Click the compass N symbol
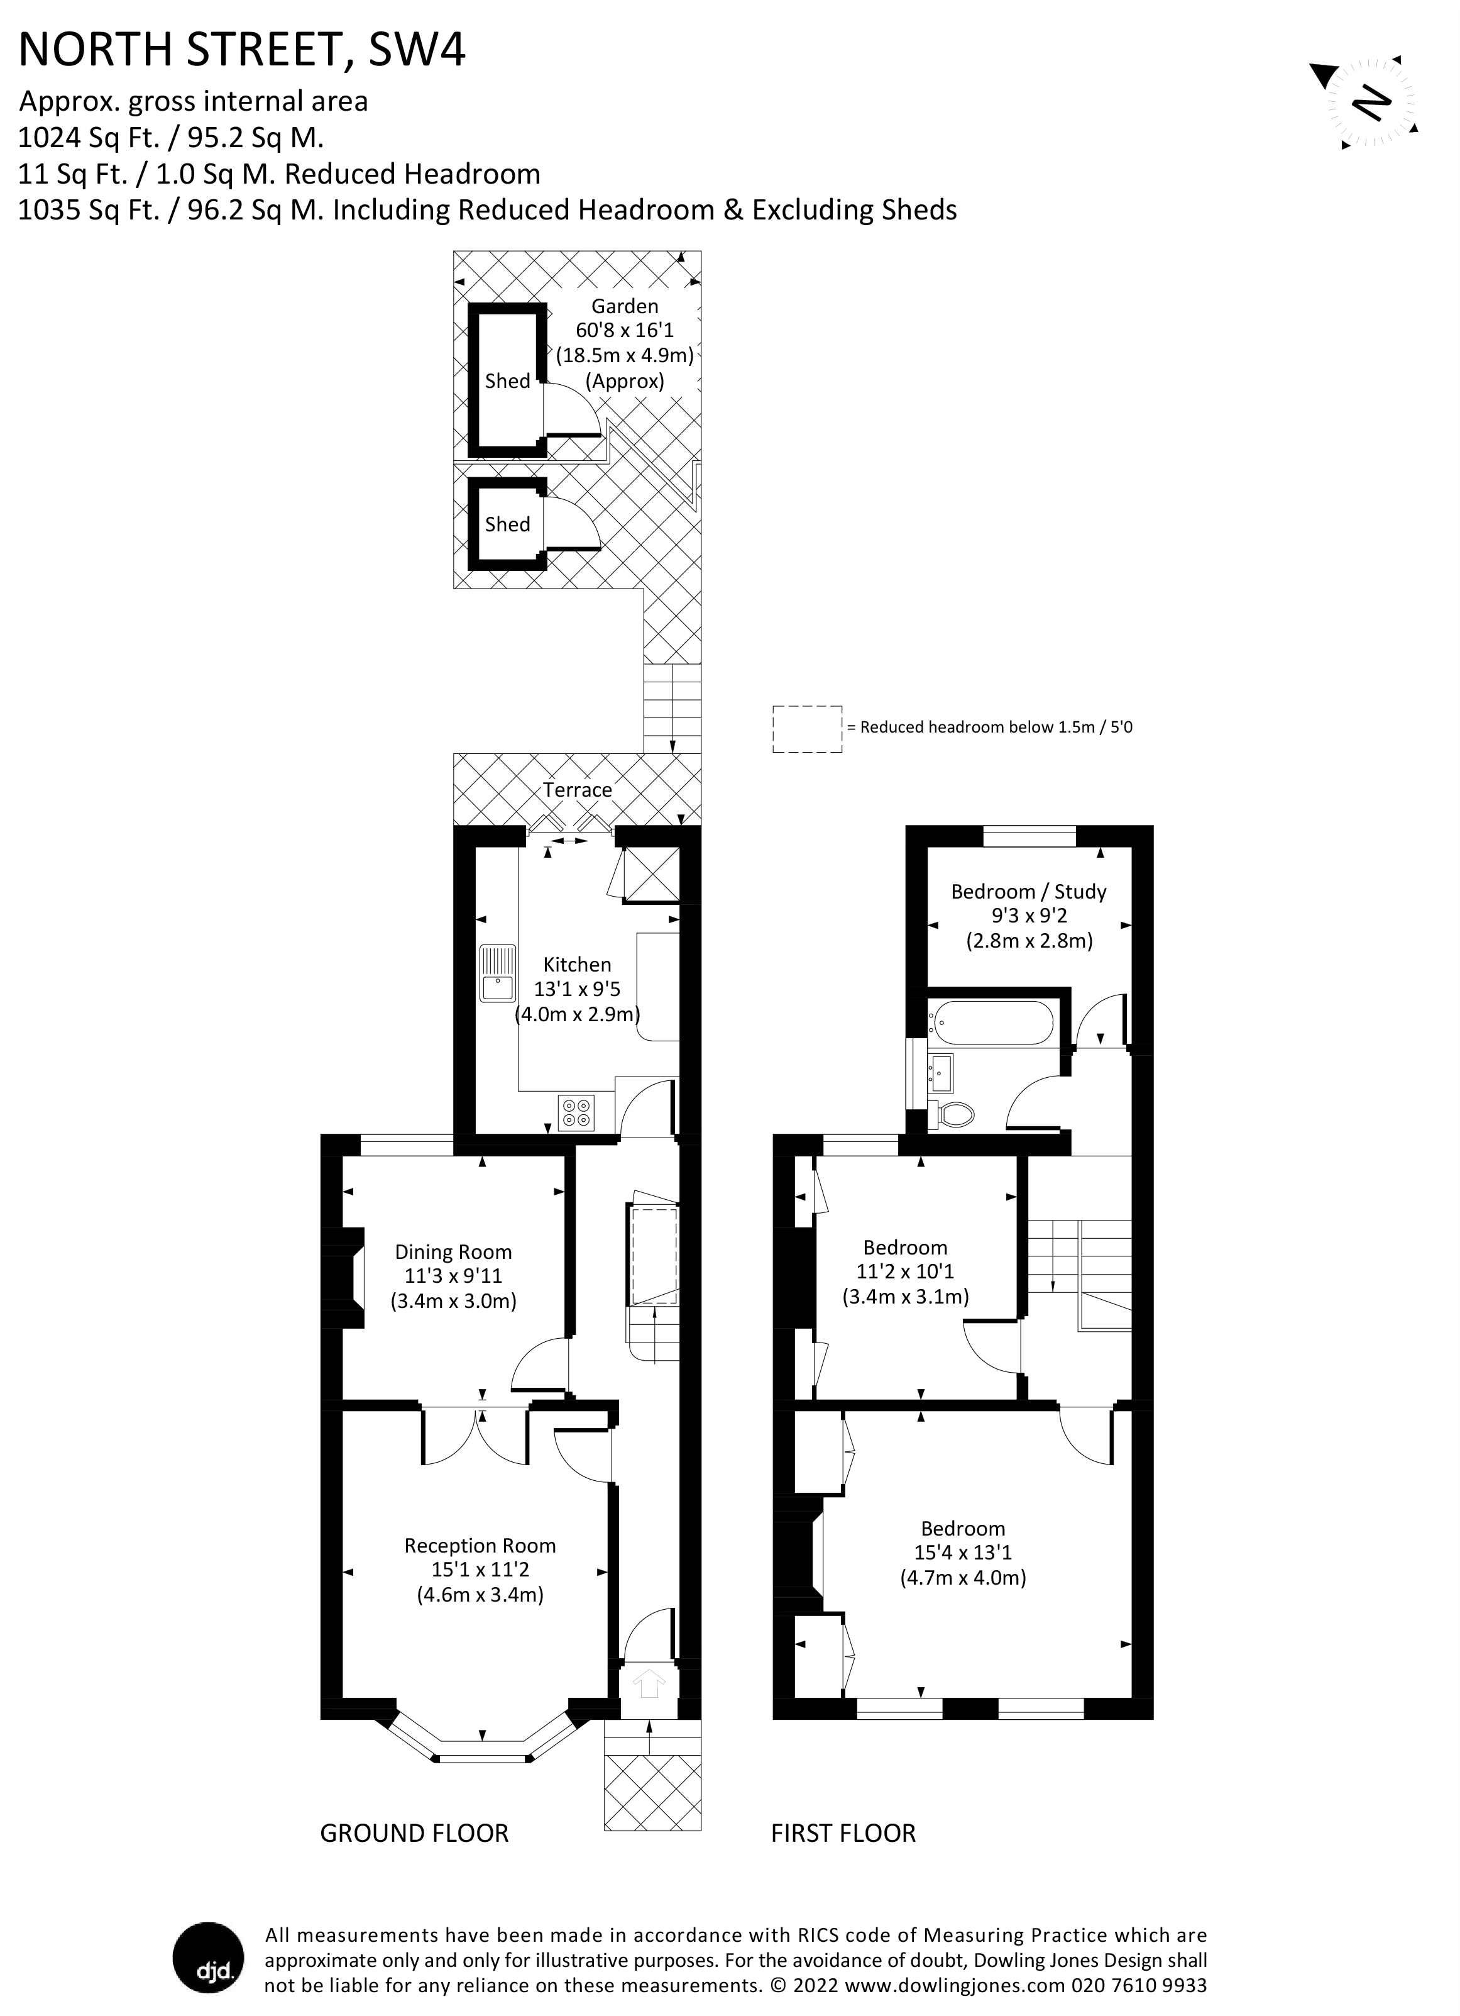point(1371,103)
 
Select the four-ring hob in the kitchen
point(576,1113)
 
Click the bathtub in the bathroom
point(991,1023)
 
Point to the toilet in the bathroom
point(953,1114)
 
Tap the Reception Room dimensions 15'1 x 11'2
point(480,1570)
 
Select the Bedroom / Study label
point(1028,892)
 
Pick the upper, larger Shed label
point(507,381)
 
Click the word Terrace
point(578,789)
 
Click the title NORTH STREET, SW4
point(242,50)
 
